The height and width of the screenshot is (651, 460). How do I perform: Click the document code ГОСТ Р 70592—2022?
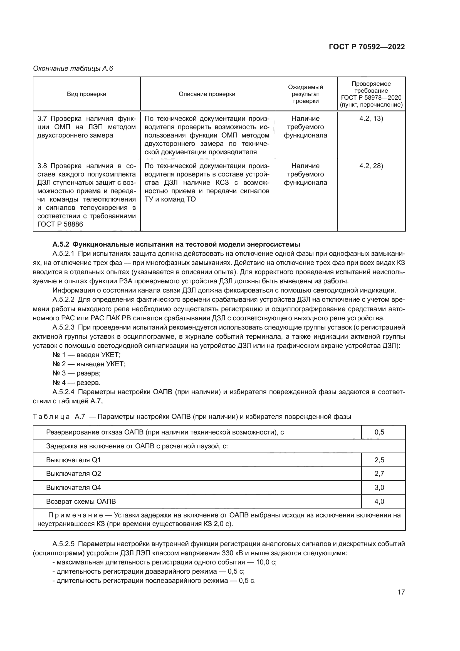coord(367,47)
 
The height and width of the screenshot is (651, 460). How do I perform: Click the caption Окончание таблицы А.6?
coord(73,68)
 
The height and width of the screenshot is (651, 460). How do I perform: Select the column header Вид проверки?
coord(86,94)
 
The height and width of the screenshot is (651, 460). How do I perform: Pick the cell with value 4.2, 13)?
coord(371,119)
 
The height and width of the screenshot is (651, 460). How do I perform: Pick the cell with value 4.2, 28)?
coord(371,166)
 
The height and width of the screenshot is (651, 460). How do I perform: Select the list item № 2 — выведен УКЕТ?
coord(89,364)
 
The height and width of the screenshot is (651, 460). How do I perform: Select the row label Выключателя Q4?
coord(73,487)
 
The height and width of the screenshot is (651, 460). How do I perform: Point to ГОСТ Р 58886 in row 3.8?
coord(60,224)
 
